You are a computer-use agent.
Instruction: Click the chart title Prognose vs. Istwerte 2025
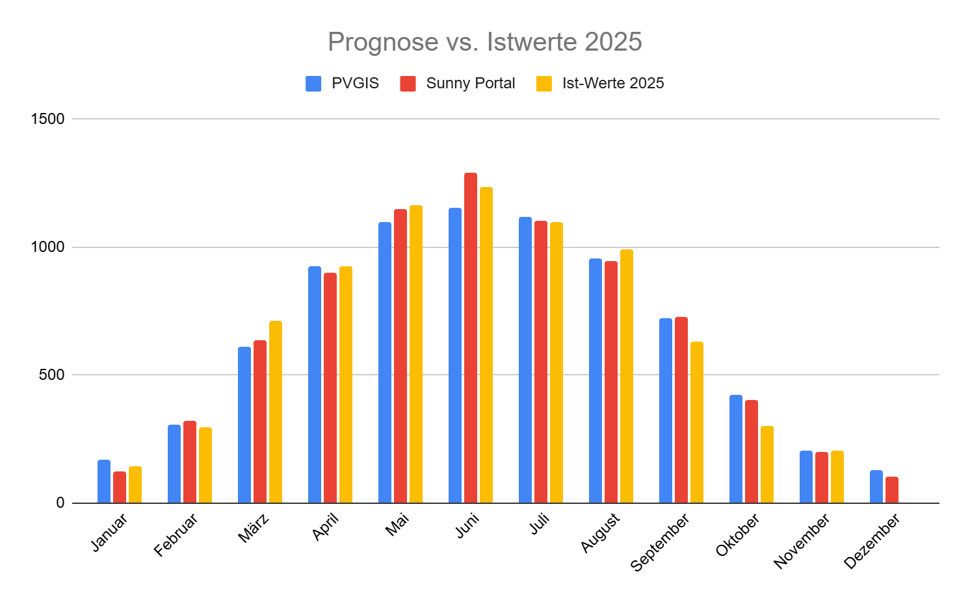[484, 42]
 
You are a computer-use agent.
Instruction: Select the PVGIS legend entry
[343, 84]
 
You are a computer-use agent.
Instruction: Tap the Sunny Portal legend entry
[458, 84]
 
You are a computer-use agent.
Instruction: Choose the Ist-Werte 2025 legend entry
[600, 84]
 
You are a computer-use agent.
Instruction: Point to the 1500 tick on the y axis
[48, 119]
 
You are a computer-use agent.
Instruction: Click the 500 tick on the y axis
[51, 375]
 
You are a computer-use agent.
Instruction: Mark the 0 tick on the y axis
[60, 503]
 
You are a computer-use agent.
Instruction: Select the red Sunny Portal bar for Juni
[471, 338]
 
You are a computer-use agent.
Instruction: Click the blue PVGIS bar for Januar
[104, 481]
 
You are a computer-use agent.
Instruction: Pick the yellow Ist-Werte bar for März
[276, 412]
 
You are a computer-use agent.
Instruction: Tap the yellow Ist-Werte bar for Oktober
[767, 464]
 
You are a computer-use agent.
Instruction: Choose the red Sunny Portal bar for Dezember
[892, 490]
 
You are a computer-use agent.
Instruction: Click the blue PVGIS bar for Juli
[525, 360]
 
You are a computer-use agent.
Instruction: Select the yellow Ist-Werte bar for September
[697, 422]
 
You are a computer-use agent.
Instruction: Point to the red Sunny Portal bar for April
[330, 388]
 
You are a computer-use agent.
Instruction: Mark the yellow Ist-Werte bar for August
[627, 376]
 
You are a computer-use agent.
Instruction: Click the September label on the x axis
[661, 542]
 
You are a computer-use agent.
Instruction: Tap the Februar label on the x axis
[176, 534]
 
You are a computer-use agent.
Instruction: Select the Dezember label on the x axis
[872, 541]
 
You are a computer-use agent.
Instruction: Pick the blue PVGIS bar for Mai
[385, 362]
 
